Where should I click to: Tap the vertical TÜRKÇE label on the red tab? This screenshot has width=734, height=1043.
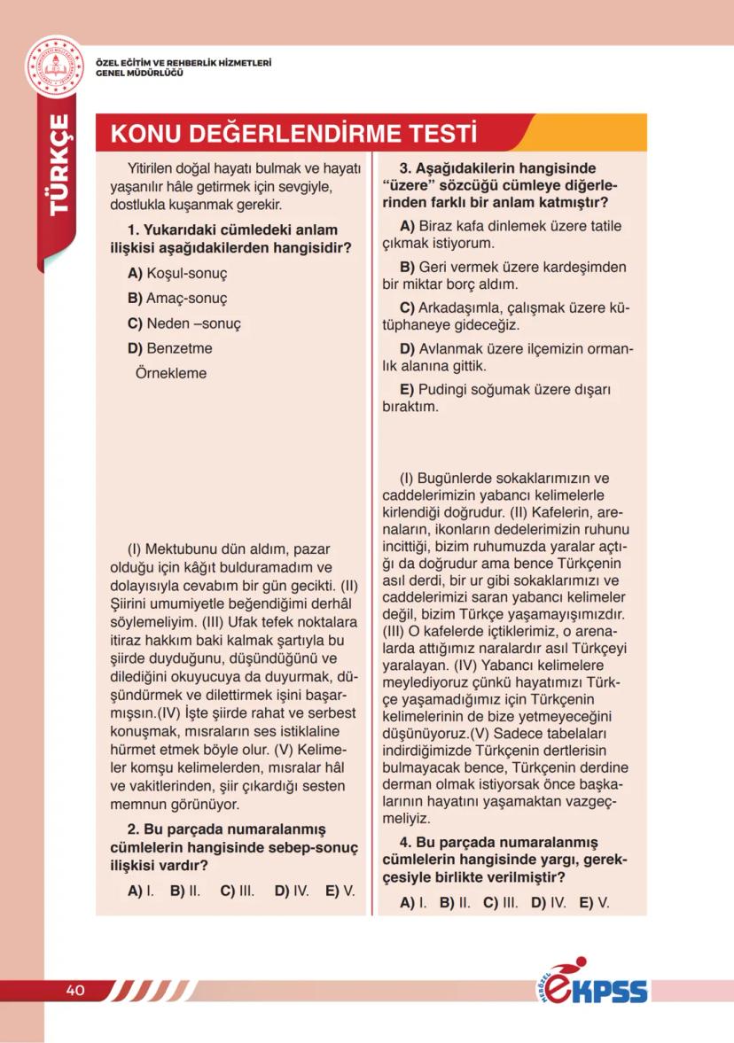59,164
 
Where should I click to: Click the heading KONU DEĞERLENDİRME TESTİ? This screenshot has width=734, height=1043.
293,134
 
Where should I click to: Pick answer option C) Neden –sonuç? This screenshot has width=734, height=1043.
183,323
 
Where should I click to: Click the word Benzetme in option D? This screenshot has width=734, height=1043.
179,348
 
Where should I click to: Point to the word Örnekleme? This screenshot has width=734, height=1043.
170,373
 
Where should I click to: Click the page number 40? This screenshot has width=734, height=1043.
74,990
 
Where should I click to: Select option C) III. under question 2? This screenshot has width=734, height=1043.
237,891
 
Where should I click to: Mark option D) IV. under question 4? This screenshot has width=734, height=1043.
548,903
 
